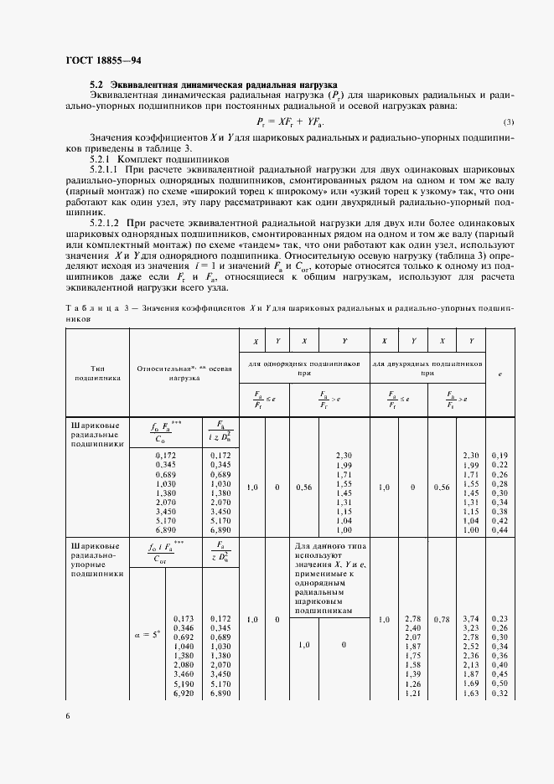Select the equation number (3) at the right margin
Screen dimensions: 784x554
coord(508,122)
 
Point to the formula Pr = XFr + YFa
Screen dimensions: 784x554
coord(287,121)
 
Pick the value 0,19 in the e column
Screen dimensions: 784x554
coord(500,455)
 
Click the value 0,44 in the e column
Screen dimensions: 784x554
coord(500,530)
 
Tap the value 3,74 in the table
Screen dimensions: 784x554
coord(471,617)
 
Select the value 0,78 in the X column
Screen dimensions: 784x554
coord(441,619)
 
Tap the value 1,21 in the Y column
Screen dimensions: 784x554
coord(412,694)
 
